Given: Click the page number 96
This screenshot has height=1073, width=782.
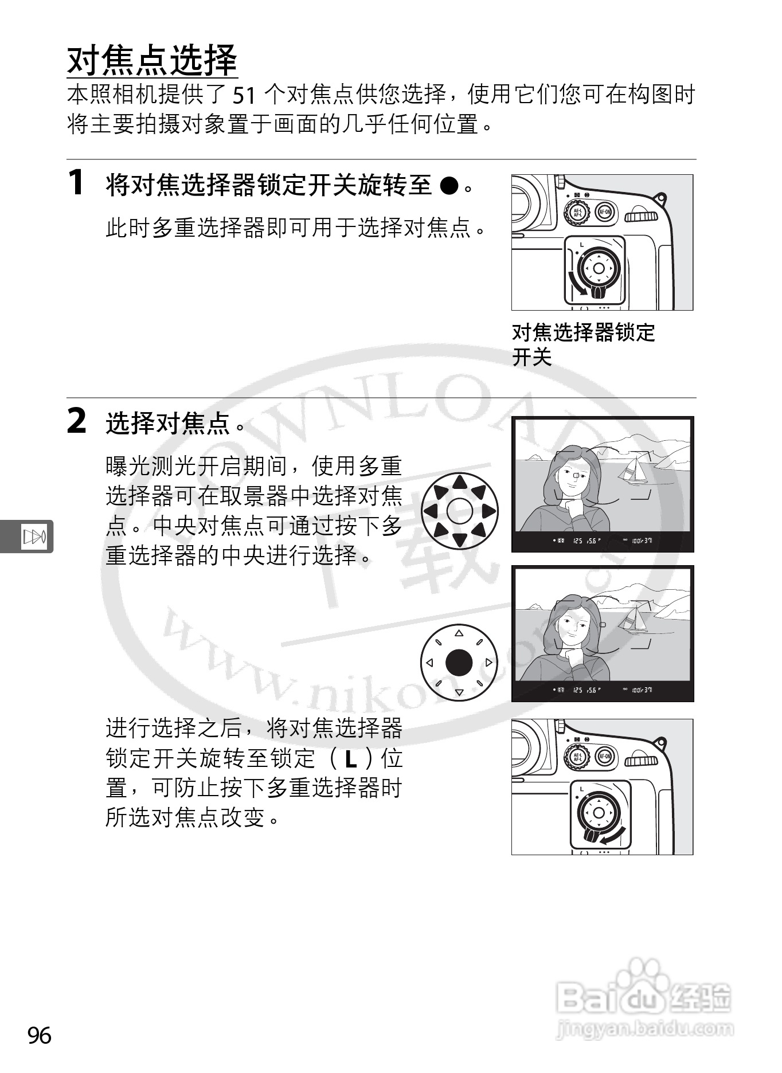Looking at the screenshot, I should [x=40, y=1036].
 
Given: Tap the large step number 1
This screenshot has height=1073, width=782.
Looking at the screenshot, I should [x=76, y=183].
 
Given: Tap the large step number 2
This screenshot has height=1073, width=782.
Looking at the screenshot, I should [x=77, y=422].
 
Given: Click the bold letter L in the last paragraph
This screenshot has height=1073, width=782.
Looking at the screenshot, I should [x=351, y=759].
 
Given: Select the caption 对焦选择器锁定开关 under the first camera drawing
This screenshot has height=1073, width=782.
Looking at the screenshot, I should [x=582, y=344].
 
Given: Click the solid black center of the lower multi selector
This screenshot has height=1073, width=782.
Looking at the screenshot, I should [x=459, y=663].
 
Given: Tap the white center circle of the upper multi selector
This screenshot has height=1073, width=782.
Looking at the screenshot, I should [x=459, y=511].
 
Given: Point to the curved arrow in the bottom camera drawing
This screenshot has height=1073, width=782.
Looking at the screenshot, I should [x=612, y=835].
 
